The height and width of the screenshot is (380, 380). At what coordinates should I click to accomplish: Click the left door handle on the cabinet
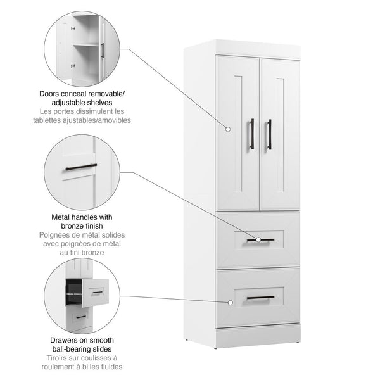(251, 134)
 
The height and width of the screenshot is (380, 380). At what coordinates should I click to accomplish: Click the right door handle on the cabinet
(269, 134)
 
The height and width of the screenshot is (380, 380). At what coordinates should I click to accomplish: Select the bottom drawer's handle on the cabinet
(260, 297)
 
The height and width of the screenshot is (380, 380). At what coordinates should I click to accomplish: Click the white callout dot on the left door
(228, 129)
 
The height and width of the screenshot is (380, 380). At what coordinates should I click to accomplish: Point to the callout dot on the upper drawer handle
(258, 239)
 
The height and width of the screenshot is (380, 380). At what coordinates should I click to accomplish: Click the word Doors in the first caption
(50, 93)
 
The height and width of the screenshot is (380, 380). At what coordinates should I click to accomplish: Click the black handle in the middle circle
(81, 167)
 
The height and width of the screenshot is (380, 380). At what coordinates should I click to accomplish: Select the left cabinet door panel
(237, 133)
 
